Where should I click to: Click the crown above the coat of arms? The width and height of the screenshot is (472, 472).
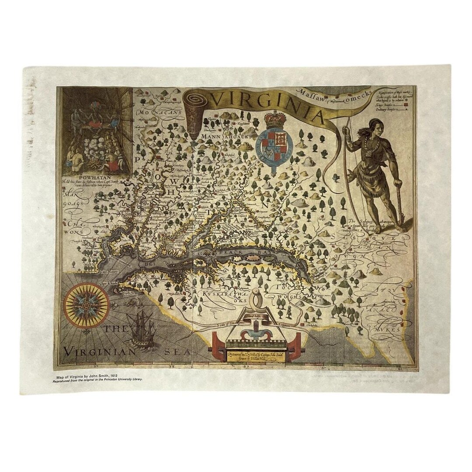(x=275, y=119)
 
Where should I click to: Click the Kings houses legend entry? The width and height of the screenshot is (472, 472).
(x=389, y=105)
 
